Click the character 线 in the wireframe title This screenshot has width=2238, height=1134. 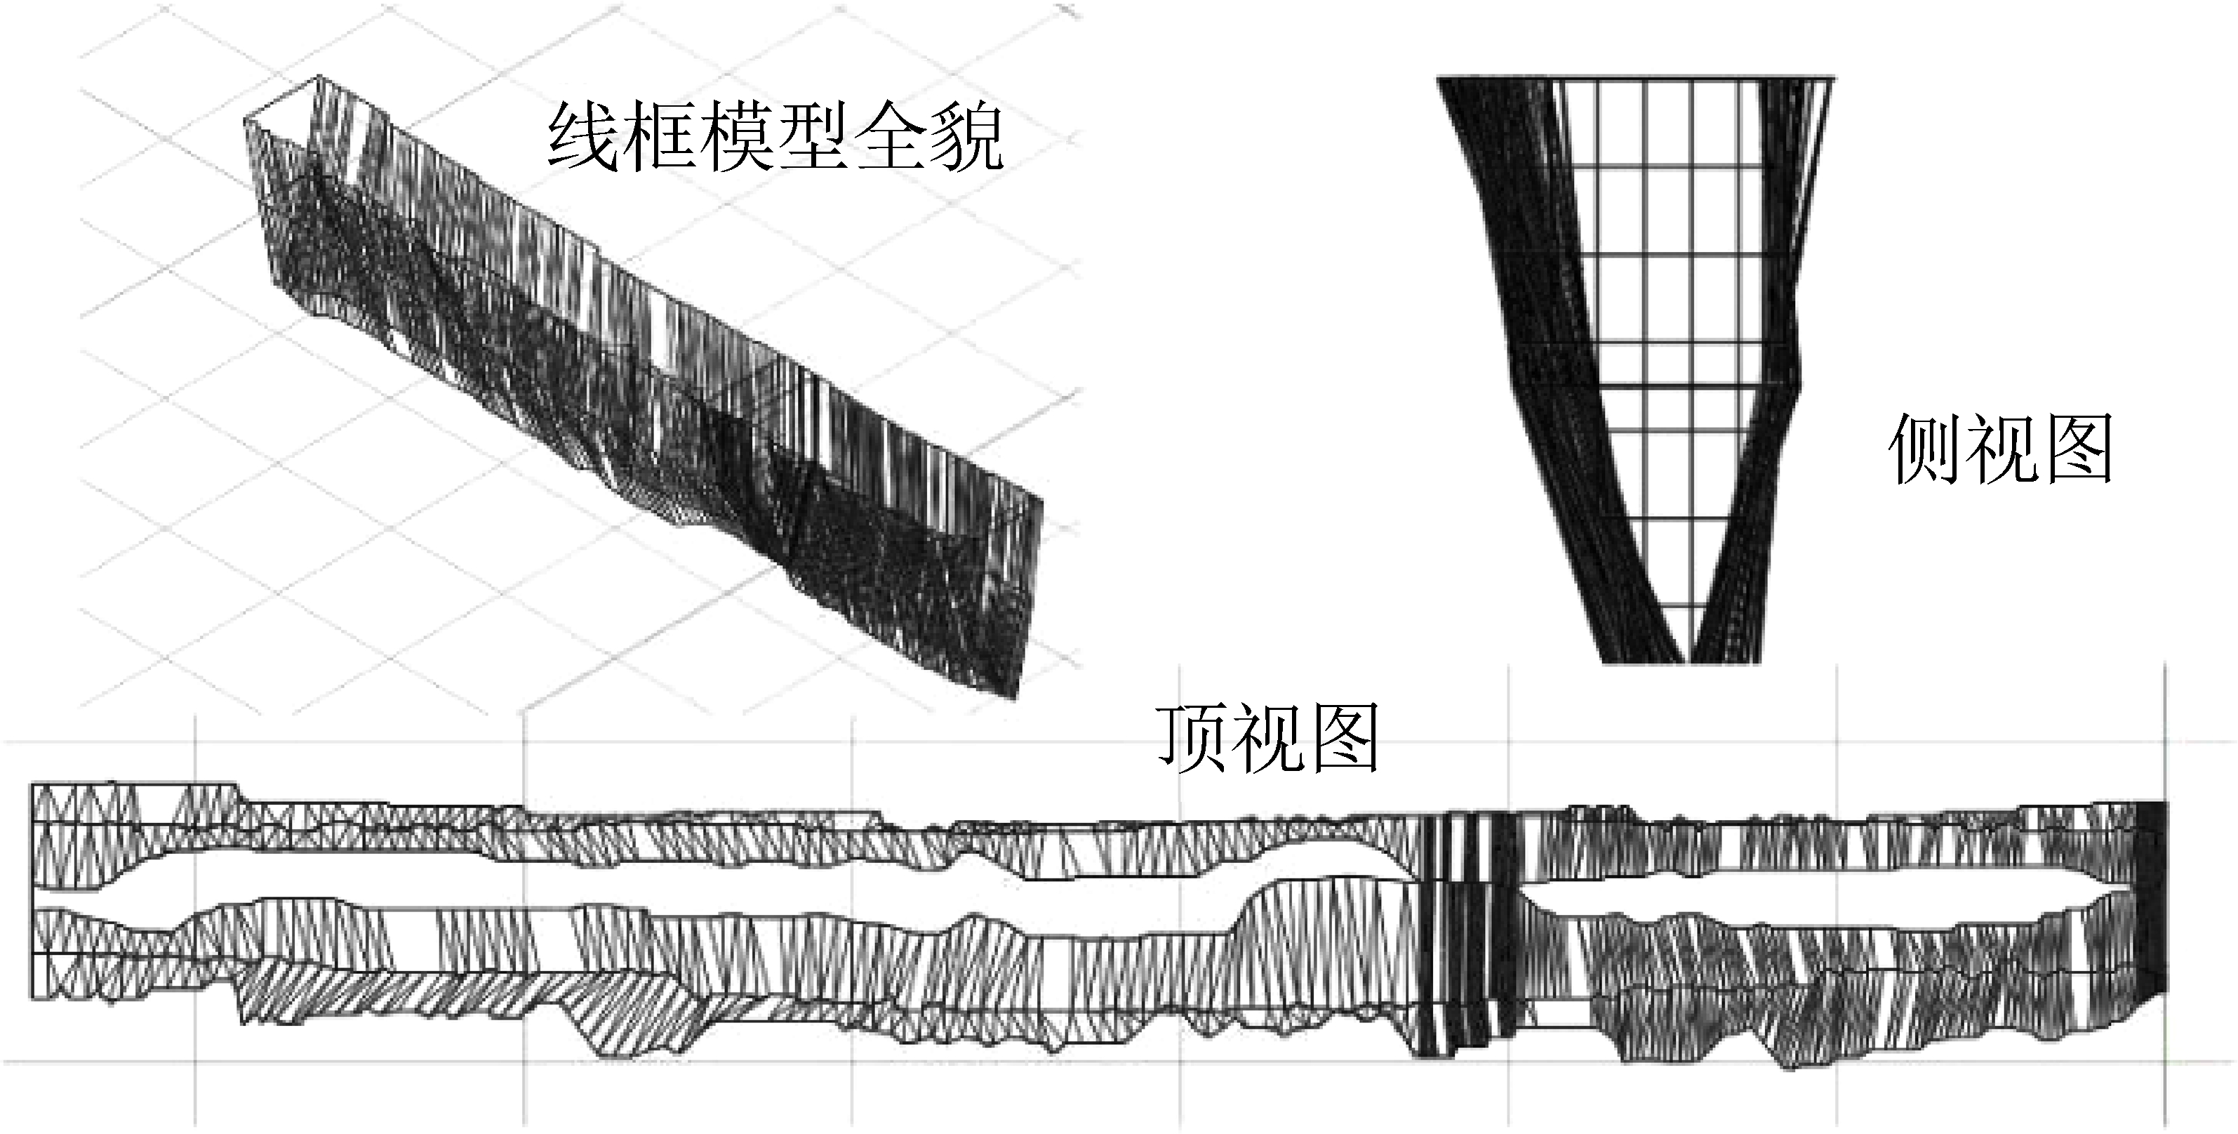(584, 138)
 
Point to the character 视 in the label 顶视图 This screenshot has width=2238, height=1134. (1267, 739)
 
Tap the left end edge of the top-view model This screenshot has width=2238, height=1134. (32, 895)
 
